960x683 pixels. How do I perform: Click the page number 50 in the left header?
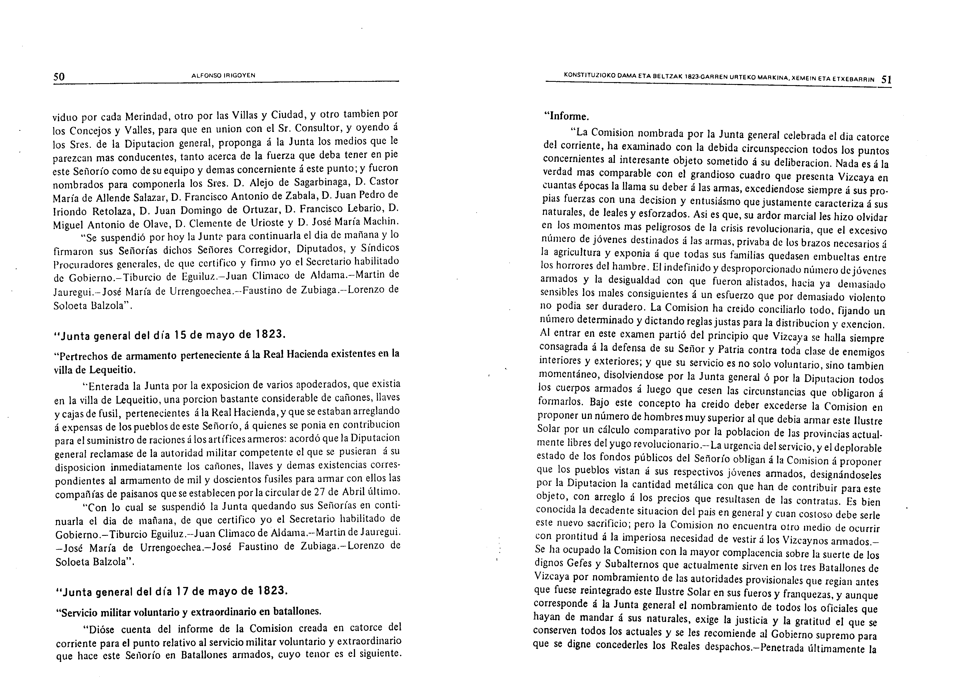(x=59, y=77)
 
